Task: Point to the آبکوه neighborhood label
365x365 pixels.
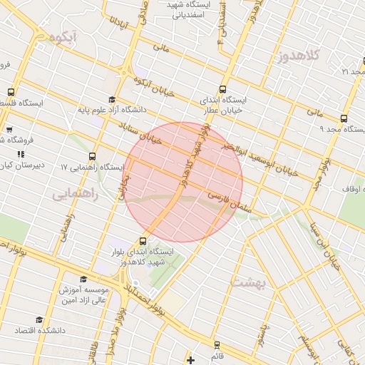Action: (x=74, y=36)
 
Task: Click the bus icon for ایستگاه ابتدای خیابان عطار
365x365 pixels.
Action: (x=223, y=91)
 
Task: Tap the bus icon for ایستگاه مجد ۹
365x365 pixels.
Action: (x=344, y=119)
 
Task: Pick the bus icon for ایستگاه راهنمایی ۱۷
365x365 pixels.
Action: (x=92, y=157)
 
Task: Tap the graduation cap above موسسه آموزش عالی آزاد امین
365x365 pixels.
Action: (x=83, y=280)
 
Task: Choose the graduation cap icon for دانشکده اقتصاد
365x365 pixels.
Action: (x=39, y=320)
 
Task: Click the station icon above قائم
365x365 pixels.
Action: (x=217, y=344)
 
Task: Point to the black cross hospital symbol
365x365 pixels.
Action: (x=190, y=360)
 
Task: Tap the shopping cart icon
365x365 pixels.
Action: (x=9, y=130)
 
